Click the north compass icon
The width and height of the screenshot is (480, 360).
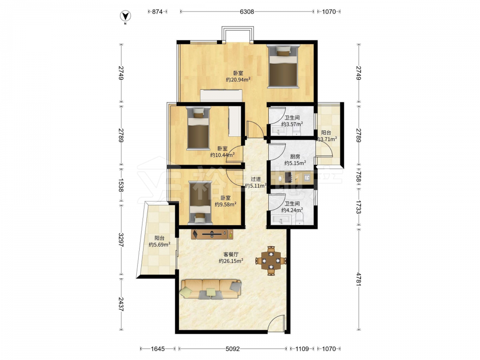[x=125, y=16]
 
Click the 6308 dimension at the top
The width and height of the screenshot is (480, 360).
[x=247, y=12]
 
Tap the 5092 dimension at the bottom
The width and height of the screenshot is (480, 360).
[x=233, y=348]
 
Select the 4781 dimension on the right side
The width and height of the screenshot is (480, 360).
[x=359, y=279]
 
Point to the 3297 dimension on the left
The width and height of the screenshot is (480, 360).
[x=121, y=240]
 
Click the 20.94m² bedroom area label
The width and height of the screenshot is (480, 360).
[x=238, y=80]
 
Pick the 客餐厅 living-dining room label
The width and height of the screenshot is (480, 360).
[x=231, y=254]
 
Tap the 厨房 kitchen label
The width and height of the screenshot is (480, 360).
[x=295, y=157]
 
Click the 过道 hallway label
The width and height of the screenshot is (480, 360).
[x=256, y=179]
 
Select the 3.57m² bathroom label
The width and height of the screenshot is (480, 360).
[x=292, y=124]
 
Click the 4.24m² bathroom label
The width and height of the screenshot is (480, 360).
[x=292, y=210]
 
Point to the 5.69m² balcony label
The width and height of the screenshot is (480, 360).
[x=159, y=244]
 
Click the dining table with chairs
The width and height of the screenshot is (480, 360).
[x=271, y=261]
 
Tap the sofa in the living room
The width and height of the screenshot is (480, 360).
[x=211, y=288]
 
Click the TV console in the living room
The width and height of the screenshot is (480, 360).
[x=212, y=235]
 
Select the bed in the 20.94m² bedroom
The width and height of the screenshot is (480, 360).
[x=283, y=66]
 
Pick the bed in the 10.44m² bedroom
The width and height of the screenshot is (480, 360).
[x=199, y=128]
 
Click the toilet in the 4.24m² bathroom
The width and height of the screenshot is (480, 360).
[x=300, y=218]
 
